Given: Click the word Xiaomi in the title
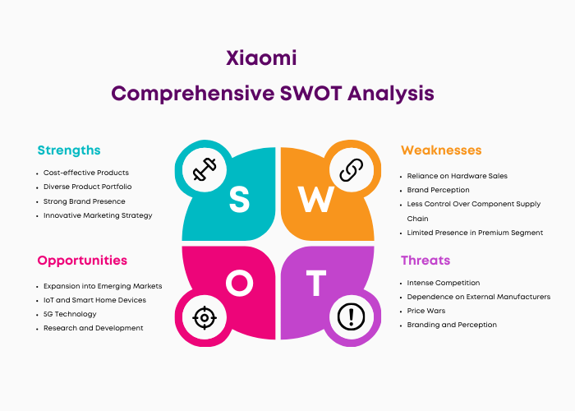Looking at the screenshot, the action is click(x=261, y=58).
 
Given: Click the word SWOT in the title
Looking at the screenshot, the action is click(x=311, y=93).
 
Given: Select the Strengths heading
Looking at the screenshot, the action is click(x=69, y=150).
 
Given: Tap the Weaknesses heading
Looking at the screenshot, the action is click(x=441, y=150).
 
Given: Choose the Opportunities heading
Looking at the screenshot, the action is click(x=82, y=261).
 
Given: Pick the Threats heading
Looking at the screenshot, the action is click(x=425, y=261).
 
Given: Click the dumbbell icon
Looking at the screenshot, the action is click(x=205, y=169).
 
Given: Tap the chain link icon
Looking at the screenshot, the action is click(x=352, y=169).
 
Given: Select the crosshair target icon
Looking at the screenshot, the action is click(x=205, y=317).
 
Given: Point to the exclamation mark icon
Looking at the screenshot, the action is click(x=351, y=316).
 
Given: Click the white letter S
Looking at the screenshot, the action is click(x=240, y=199).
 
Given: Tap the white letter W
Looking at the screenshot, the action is click(x=315, y=199).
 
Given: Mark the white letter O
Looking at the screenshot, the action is click(x=240, y=283).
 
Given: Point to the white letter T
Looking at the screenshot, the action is click(x=316, y=283).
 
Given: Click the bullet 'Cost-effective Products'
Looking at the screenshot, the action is click(x=86, y=173).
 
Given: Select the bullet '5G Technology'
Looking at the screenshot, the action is click(x=70, y=314).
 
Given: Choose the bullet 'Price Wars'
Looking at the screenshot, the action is click(x=426, y=311).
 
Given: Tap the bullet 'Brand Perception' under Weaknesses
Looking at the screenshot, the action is click(x=438, y=190).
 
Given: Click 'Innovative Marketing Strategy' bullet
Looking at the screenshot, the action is click(x=98, y=215).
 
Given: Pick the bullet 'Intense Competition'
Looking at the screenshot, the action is click(x=444, y=283).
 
